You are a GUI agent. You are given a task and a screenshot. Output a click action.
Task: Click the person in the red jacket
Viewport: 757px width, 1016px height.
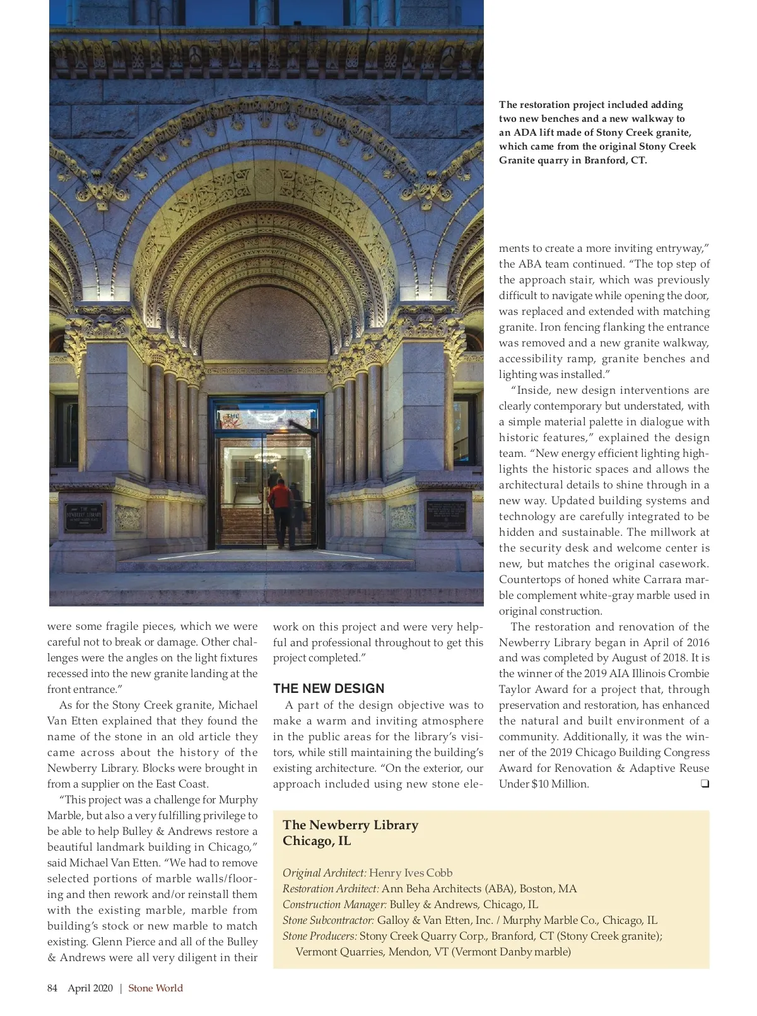pyautogui.click(x=279, y=499)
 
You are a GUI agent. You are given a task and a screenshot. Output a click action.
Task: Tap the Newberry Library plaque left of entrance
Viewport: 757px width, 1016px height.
pyautogui.click(x=84, y=517)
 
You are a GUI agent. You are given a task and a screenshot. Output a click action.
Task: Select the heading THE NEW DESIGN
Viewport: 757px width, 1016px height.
pyautogui.click(x=329, y=688)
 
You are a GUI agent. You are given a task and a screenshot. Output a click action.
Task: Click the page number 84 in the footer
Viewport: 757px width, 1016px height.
pyautogui.click(x=52, y=988)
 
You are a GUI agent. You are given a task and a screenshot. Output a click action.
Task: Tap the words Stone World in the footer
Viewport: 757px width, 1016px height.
pyautogui.click(x=156, y=988)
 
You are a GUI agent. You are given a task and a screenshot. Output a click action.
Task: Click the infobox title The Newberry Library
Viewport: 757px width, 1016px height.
pyautogui.click(x=350, y=825)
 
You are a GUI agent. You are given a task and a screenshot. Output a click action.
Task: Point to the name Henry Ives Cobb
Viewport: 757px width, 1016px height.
pyautogui.click(x=411, y=873)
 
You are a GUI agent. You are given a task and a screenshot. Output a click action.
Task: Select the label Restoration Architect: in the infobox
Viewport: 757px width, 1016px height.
pyautogui.click(x=331, y=889)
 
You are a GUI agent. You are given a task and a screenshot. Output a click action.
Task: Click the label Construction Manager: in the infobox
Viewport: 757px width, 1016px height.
pyautogui.click(x=334, y=904)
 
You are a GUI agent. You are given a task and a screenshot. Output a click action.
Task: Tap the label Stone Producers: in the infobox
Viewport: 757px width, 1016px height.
pyautogui.click(x=320, y=936)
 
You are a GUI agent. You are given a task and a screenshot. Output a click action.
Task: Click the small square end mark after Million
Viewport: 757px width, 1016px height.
pyautogui.click(x=705, y=784)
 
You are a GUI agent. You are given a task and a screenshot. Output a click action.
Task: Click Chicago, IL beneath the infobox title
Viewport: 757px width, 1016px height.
pyautogui.click(x=317, y=841)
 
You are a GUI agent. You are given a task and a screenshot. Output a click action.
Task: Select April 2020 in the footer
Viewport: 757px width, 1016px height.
pyautogui.click(x=90, y=988)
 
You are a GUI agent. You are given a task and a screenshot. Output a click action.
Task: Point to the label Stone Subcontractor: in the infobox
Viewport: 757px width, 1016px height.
pyautogui.click(x=328, y=920)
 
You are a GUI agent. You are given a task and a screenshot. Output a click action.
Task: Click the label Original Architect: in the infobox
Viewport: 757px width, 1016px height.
pyautogui.click(x=324, y=873)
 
